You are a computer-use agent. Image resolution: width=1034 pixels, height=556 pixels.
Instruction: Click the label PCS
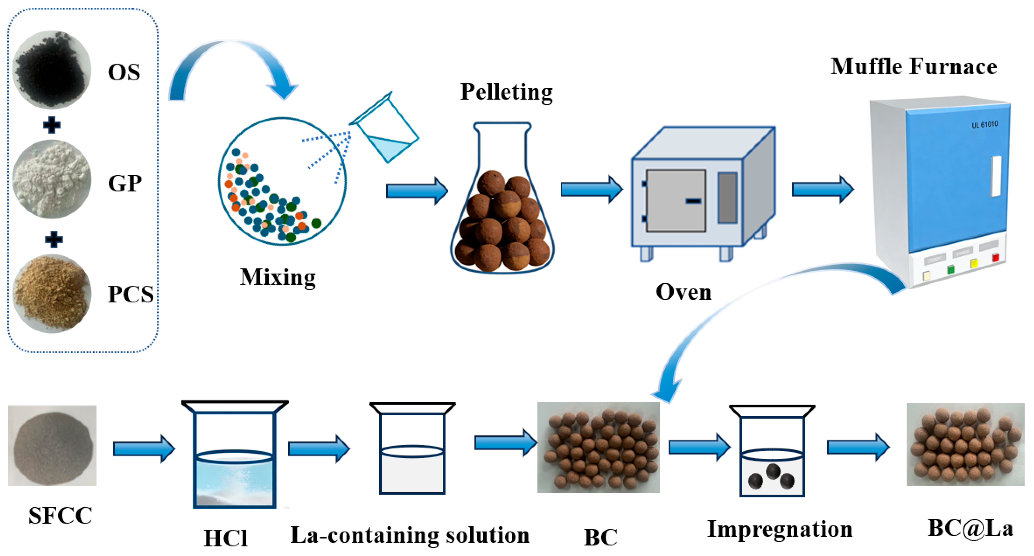(130, 294)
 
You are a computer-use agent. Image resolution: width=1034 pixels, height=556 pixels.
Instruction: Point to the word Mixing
(278, 277)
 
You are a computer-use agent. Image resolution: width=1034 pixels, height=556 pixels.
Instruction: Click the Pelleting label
(506, 92)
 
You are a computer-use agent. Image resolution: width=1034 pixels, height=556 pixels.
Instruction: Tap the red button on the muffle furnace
(996, 257)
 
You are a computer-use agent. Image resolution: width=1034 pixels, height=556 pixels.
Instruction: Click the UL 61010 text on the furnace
(984, 124)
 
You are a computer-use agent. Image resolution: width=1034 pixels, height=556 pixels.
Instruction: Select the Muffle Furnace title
(914, 67)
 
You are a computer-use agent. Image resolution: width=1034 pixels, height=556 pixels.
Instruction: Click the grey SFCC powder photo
(52, 446)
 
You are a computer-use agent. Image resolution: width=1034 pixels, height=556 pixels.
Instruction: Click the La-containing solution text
(409, 535)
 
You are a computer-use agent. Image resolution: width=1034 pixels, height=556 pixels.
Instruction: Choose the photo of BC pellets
(598, 447)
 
